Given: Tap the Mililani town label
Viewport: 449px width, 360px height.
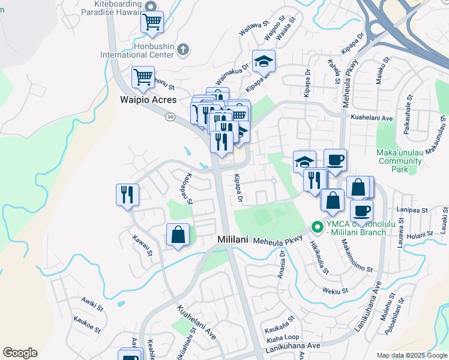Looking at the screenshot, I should (x=232, y=239).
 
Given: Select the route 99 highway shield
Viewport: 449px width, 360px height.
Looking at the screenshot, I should (x=171, y=116).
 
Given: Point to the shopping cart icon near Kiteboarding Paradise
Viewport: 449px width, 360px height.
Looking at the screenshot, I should (x=152, y=22).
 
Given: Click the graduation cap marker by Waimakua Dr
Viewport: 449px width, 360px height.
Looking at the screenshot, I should (x=264, y=61).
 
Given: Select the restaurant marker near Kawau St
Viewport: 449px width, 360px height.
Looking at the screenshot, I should (x=127, y=194).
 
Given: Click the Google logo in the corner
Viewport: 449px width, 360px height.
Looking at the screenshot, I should (x=20, y=353).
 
